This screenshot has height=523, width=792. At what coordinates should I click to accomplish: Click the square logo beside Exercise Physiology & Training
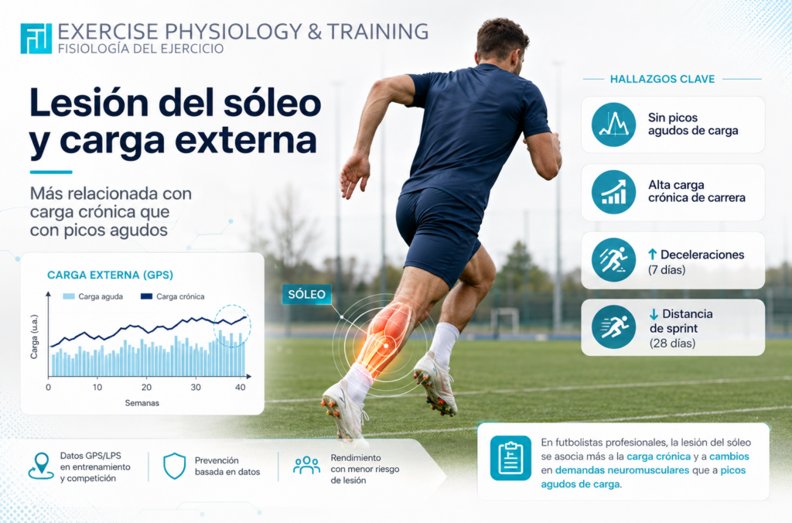(36, 39)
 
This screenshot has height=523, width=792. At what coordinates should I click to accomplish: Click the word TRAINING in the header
(377, 31)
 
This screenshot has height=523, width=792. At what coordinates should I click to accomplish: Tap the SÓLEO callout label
(306, 294)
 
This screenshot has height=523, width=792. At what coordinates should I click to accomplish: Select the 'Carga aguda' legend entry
(93, 296)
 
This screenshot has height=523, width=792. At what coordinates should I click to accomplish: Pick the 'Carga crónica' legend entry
(172, 296)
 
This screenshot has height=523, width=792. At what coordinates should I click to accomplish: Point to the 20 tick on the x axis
(146, 387)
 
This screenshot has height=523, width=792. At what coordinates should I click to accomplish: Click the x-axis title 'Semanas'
(142, 403)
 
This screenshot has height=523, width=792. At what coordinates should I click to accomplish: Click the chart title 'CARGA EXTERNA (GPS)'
(110, 275)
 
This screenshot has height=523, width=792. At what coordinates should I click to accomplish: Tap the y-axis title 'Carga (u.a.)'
(34, 337)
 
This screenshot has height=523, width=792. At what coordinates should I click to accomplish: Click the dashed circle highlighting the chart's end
(232, 306)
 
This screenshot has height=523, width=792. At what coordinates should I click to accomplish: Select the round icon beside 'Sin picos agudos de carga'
(613, 125)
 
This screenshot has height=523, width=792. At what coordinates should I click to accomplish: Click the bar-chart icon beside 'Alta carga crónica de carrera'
(613, 192)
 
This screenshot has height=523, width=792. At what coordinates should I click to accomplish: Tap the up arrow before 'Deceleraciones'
(653, 255)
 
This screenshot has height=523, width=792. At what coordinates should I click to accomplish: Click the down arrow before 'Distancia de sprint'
(654, 314)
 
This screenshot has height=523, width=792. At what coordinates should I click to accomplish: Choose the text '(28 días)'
(672, 343)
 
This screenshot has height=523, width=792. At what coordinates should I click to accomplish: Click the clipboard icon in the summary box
(510, 458)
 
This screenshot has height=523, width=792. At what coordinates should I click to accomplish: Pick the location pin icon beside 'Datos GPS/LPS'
(41, 466)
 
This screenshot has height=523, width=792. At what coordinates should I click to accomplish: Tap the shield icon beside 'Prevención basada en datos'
(175, 466)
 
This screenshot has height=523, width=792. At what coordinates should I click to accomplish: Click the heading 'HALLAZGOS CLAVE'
(662, 79)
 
